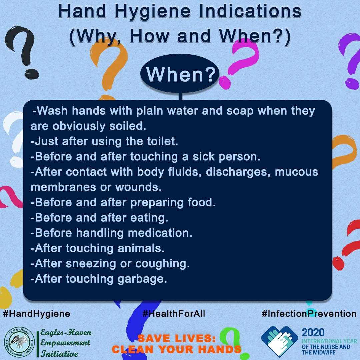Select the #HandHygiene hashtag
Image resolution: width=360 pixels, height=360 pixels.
37,313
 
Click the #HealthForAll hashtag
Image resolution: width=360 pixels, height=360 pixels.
174,313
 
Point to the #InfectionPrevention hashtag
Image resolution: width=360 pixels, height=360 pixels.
309,313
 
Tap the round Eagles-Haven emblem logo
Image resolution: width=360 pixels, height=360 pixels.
20,342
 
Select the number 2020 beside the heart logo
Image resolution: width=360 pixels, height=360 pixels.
313,332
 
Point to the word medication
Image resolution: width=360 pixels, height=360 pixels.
160,233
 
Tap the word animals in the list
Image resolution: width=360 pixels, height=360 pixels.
141,248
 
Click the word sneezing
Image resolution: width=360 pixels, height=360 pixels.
91,264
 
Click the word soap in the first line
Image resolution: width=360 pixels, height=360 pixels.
240,111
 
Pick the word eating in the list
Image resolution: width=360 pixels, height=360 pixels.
149,218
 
